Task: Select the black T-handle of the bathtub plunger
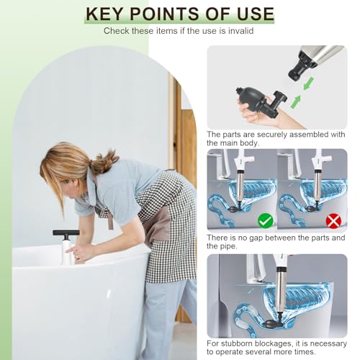coord(66,234)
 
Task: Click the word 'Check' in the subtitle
coord(118,30)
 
